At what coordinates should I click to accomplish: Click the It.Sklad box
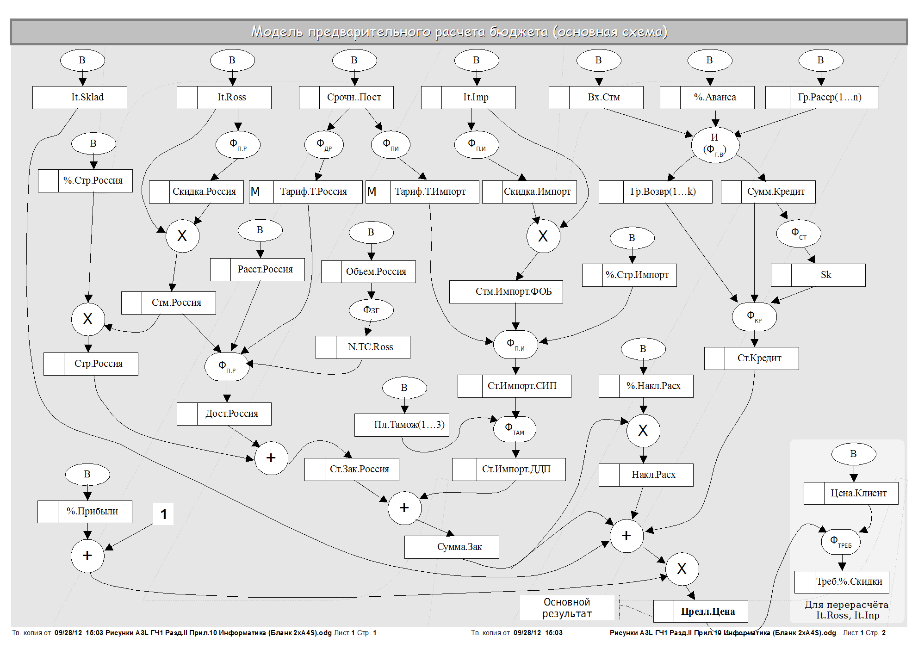point(80,98)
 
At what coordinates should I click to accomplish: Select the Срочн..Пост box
point(347,98)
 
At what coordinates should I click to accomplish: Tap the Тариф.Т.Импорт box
point(422,192)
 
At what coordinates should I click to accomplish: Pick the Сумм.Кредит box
point(768,192)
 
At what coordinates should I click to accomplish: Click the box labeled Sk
point(818,275)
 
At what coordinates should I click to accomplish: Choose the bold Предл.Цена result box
point(701,612)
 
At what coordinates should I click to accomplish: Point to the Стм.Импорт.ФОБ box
point(506,292)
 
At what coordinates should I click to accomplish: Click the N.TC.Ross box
point(363,347)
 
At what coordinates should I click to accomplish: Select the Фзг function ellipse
point(371,310)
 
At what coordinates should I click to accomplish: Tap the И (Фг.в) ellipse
point(715,145)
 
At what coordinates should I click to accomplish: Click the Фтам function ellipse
point(515,429)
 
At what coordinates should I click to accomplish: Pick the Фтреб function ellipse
point(840,542)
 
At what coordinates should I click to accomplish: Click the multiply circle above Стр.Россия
point(88,319)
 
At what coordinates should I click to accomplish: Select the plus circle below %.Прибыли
point(87,556)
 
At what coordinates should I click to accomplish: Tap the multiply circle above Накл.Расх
point(643,431)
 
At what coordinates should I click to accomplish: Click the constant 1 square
point(163,514)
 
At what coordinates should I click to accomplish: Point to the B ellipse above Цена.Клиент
point(854,454)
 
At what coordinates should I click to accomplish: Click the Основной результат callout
point(567,608)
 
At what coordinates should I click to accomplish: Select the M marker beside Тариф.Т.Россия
point(255,192)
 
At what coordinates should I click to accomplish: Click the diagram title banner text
point(459,32)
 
